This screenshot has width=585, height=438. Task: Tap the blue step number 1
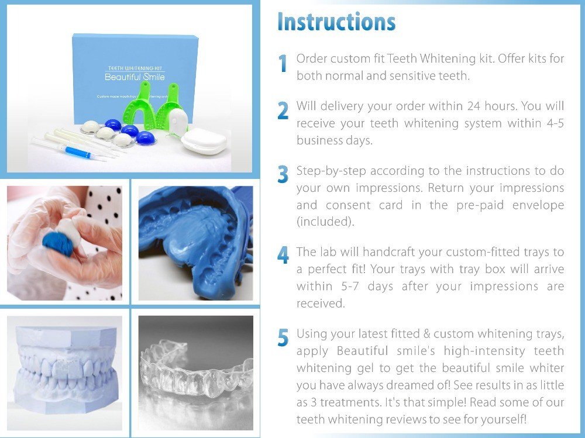click(283, 64)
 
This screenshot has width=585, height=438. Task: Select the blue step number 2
click(283, 111)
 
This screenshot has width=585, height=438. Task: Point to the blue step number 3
click(283, 175)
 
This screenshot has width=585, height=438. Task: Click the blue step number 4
click(283, 256)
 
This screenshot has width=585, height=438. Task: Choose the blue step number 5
click(283, 337)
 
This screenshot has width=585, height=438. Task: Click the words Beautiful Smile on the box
click(134, 77)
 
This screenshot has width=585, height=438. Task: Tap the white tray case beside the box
click(203, 141)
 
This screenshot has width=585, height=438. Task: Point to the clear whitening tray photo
click(195, 371)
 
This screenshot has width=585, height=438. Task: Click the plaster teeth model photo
click(64, 371)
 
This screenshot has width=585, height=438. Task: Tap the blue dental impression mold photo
click(195, 243)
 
